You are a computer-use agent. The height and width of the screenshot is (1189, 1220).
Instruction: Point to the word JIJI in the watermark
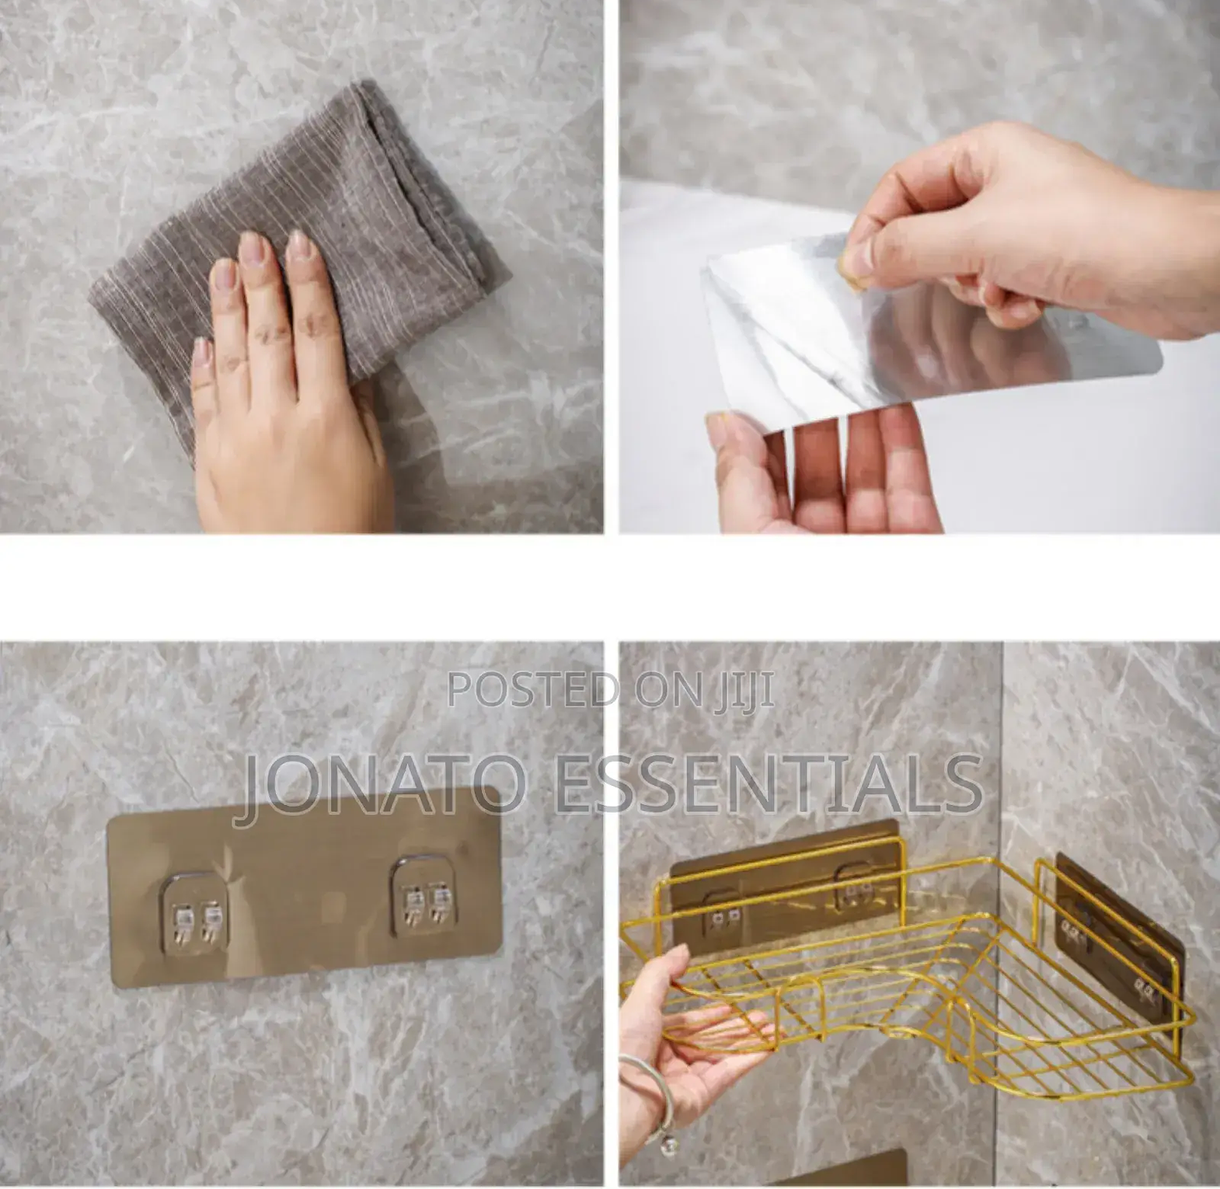[x=745, y=689]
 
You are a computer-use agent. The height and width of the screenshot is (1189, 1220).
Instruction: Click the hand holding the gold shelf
[x=684, y=1041]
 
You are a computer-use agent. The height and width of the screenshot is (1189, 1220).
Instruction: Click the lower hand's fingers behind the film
[x=824, y=474]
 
